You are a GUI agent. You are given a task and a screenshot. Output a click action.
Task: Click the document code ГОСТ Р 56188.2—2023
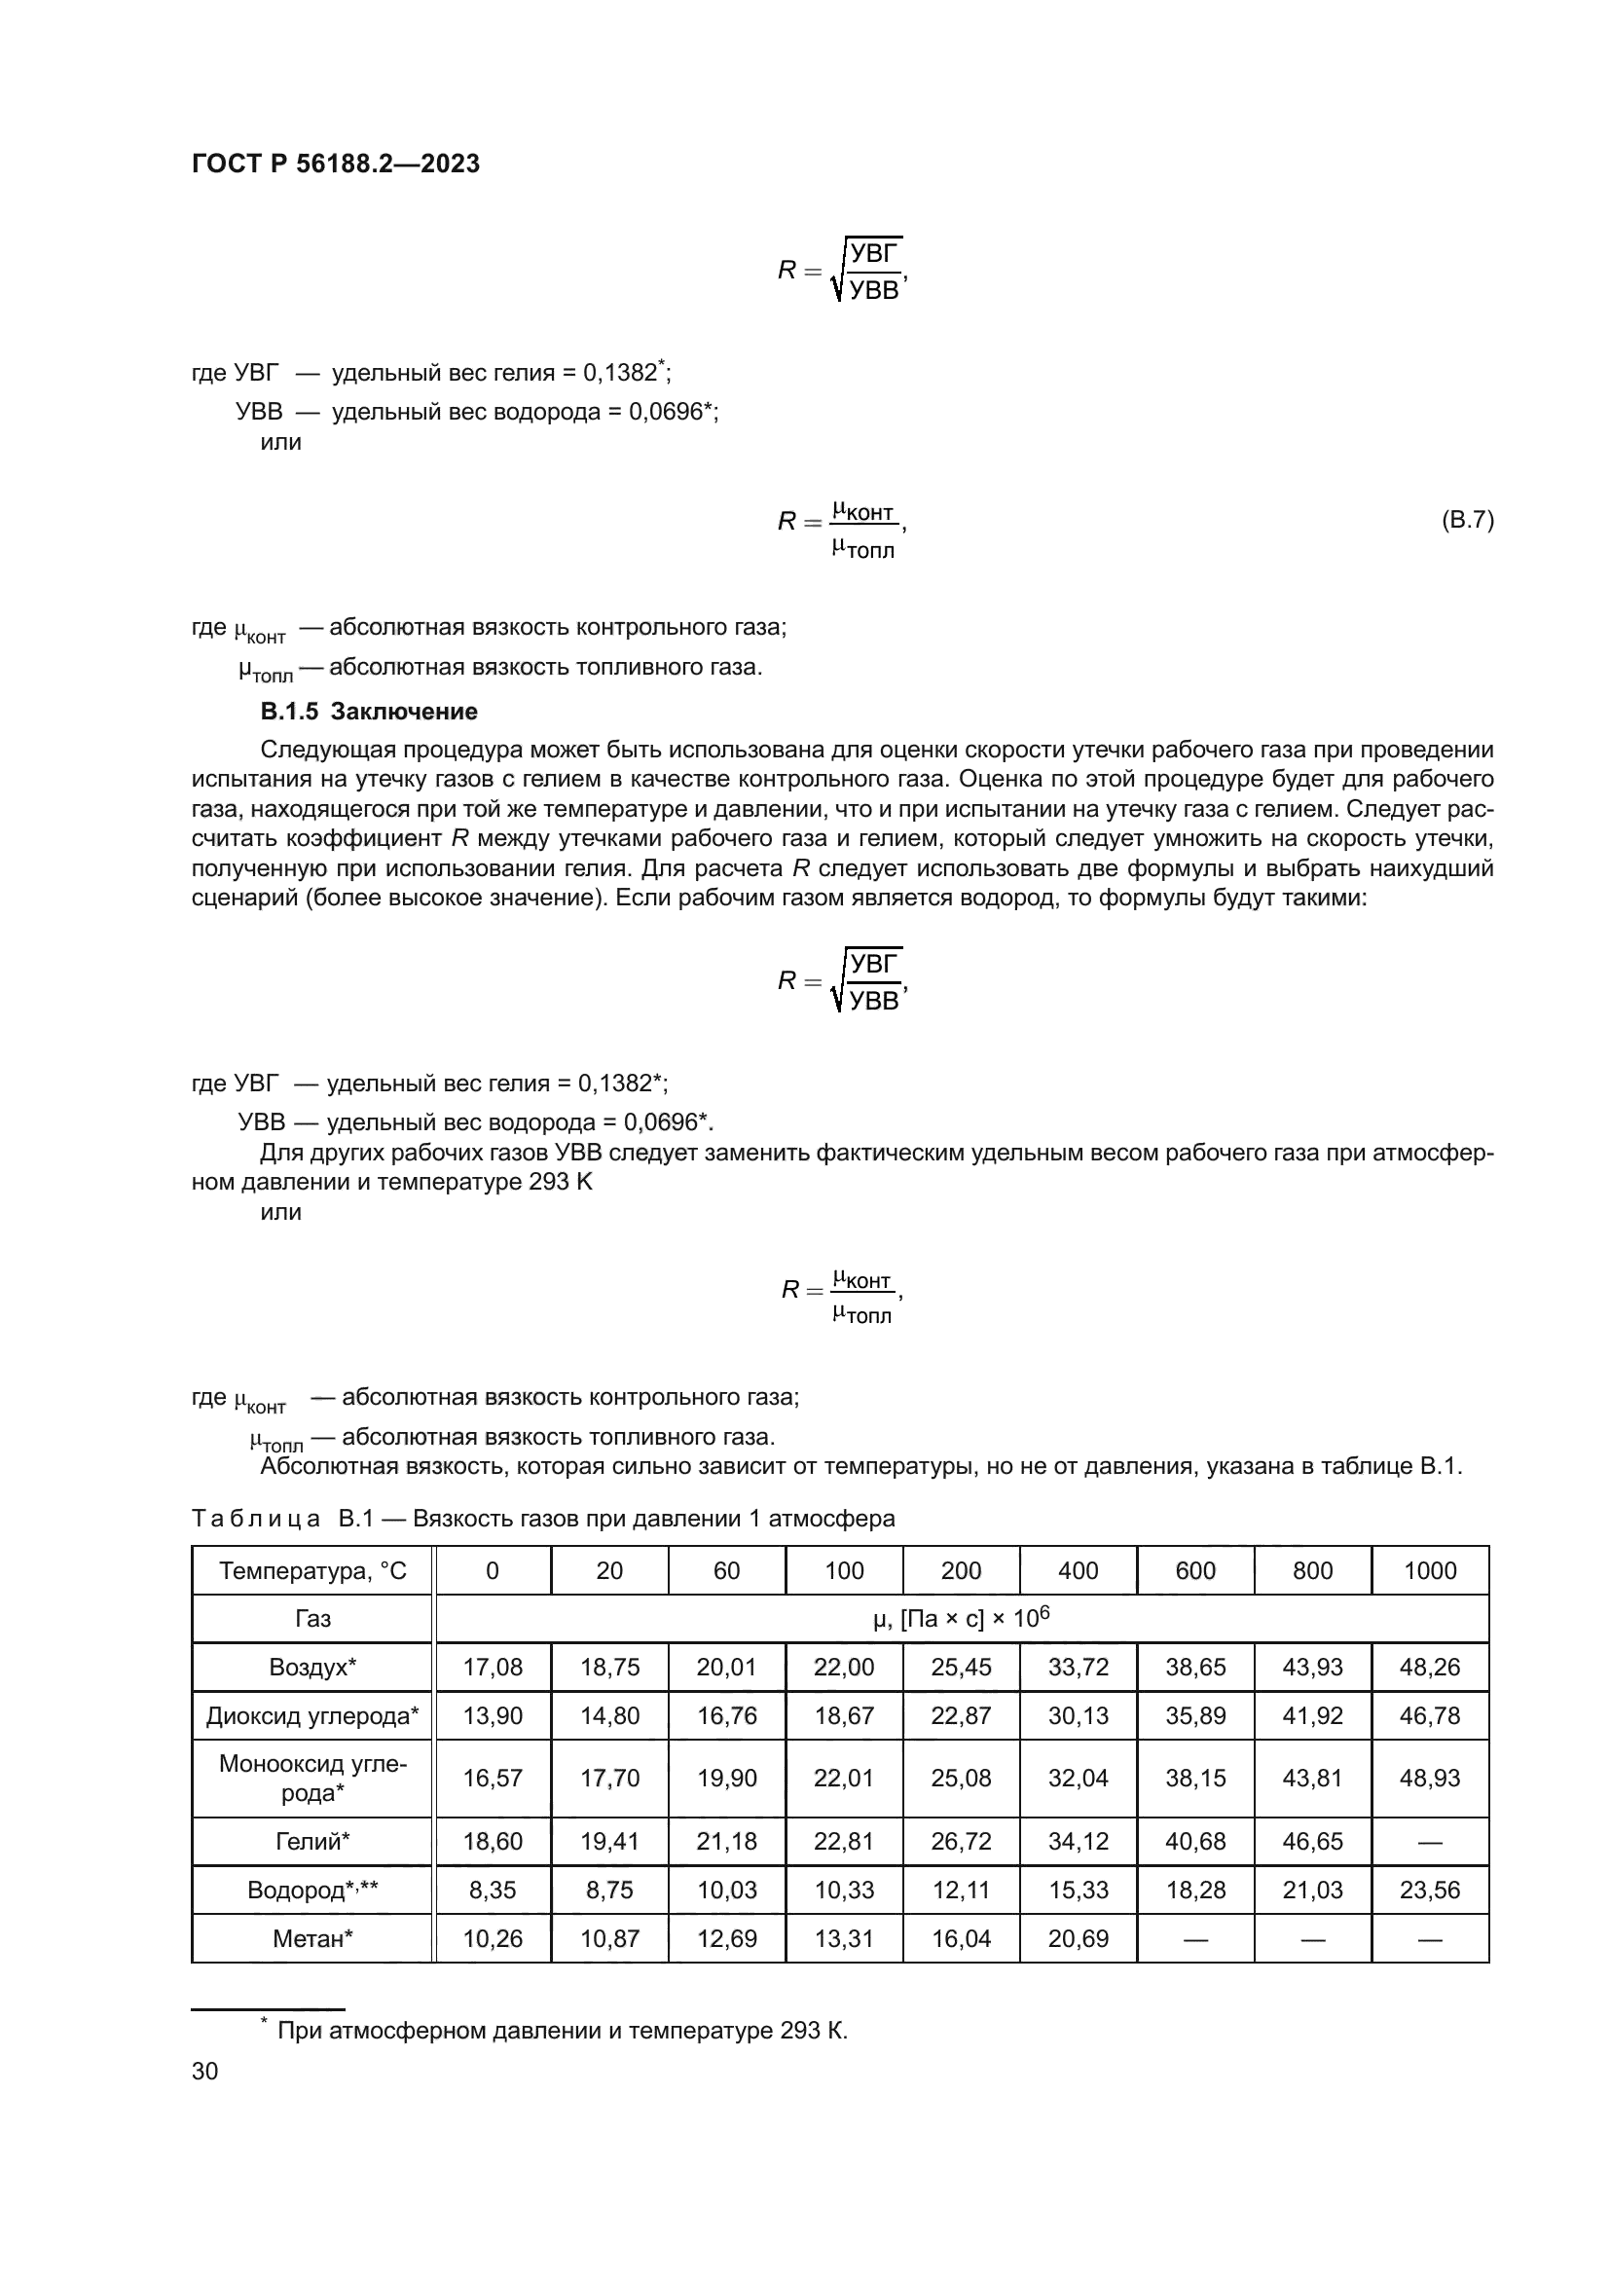point(335,164)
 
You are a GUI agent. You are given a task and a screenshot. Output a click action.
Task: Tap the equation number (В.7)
point(1466,520)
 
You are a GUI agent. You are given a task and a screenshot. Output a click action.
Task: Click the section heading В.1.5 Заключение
point(369,711)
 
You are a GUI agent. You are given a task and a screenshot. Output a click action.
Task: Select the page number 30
point(204,2071)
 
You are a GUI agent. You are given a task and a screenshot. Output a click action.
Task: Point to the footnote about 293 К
point(561,2030)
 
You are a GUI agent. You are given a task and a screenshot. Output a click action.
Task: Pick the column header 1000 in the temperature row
point(1430,1571)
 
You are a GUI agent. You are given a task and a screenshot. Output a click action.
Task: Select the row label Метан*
point(312,1939)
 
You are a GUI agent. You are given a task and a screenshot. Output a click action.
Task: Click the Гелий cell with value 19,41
point(608,1842)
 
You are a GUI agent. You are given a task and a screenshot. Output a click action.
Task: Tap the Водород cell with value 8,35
point(492,1891)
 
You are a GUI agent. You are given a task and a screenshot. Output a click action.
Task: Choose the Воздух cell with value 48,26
point(1430,1667)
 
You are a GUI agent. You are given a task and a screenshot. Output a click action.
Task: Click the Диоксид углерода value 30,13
point(1078,1715)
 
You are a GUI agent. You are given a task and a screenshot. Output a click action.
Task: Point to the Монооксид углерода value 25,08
point(961,1779)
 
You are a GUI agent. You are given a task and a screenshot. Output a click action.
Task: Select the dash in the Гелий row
point(1430,1842)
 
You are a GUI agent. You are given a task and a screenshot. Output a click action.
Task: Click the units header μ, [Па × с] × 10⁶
point(960,1619)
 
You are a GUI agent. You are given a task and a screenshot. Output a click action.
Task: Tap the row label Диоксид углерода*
point(312,1715)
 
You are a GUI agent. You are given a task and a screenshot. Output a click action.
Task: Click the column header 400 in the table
point(1078,1571)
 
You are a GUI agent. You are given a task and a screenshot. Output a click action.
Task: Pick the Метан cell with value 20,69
point(1078,1939)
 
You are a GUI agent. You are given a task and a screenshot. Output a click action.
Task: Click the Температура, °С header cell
point(312,1571)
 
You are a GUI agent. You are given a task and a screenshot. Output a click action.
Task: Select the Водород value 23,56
point(1430,1891)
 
